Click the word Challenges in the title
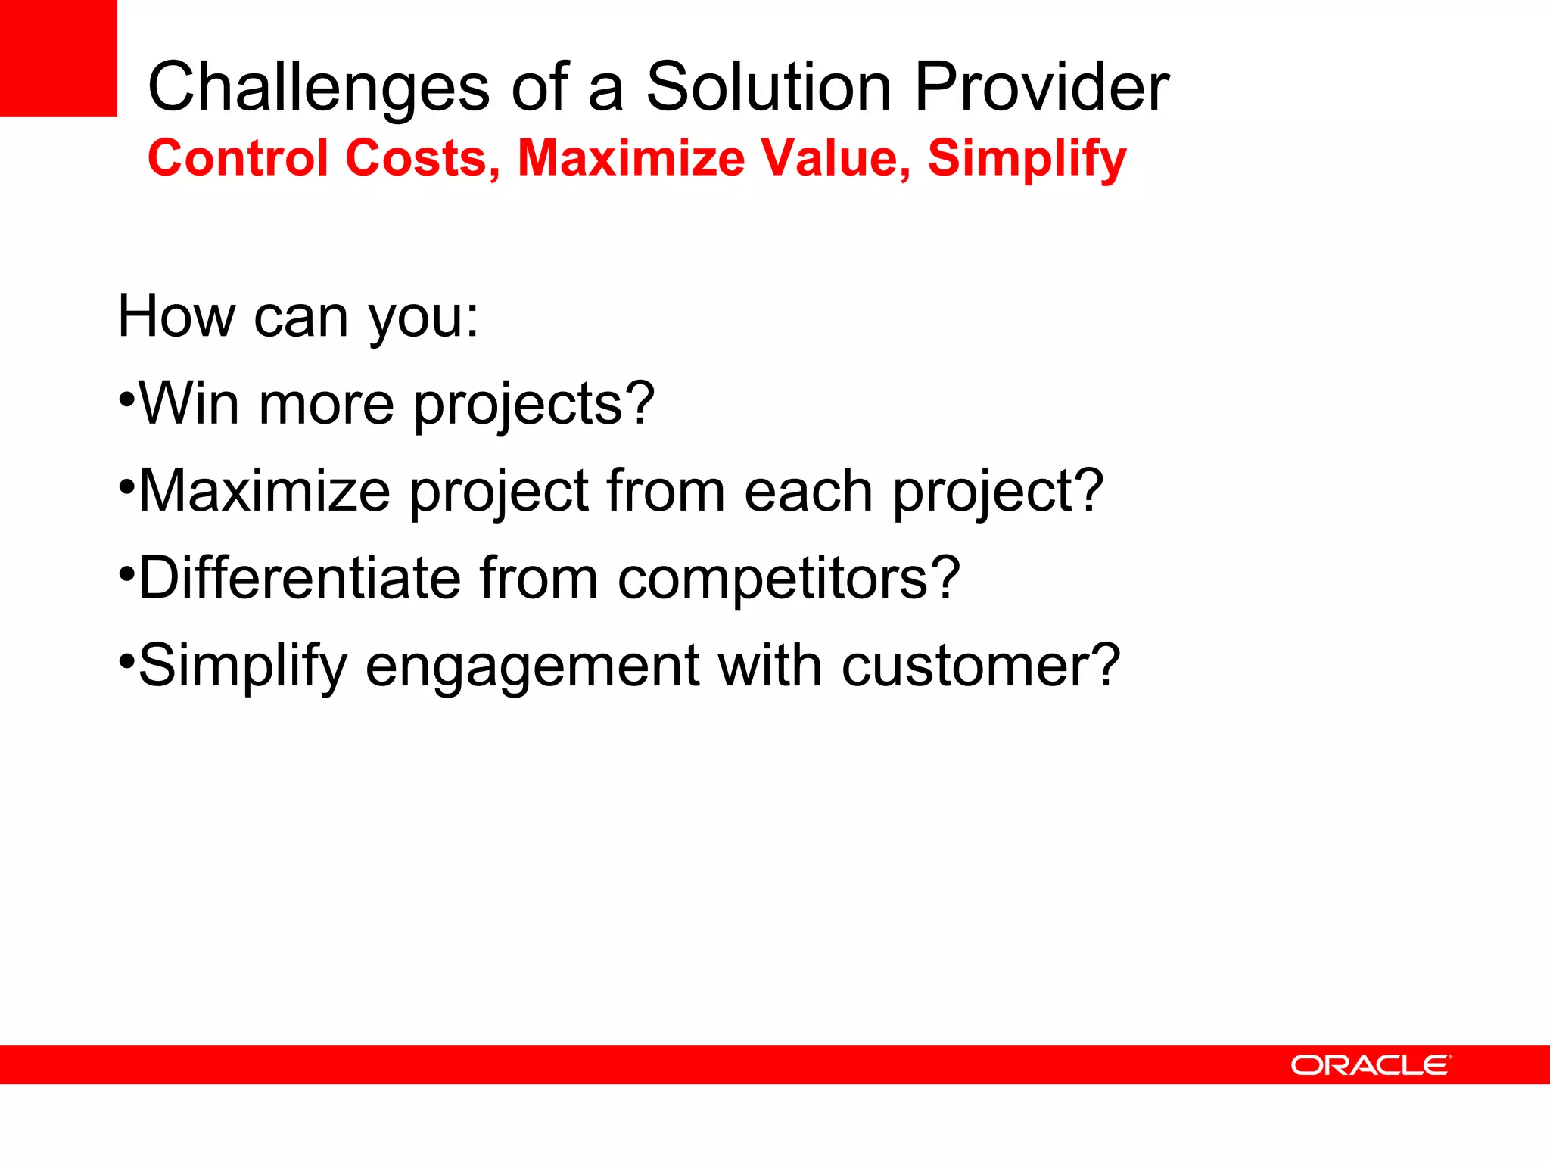pos(319,89)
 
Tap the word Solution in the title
pos(768,87)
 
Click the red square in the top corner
pos(58,57)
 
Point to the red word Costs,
pos(423,159)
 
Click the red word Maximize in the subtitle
pos(631,158)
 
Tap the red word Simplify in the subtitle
pos(1027,160)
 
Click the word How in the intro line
pos(176,316)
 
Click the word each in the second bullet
pos(808,491)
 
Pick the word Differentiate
pos(300,578)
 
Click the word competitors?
pos(789,579)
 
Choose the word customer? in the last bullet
pos(980,666)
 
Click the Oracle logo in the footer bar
pos(1371,1065)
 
